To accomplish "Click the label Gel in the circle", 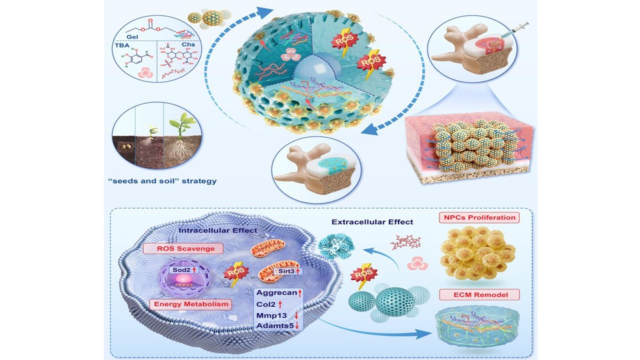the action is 132,37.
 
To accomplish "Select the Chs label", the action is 188,44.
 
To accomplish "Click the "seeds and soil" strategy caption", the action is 163,181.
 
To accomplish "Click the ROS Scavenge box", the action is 183,248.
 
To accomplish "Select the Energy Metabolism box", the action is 191,304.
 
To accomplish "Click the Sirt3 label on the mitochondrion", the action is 289,270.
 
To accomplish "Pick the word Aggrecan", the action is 277,293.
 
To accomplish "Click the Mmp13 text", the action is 272,316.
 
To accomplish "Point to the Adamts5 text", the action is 275,325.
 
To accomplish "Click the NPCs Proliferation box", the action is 479,217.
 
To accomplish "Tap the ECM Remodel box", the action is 480,294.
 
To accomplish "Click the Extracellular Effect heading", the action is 372,222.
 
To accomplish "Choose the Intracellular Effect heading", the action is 218,230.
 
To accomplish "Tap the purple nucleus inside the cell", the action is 185,279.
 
